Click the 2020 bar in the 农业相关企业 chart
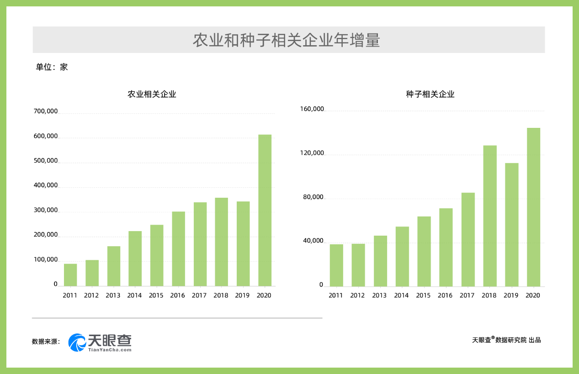pos(265,210)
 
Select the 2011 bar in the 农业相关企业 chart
pos(70,275)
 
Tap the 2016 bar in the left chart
pos(178,249)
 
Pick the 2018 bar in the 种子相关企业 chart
pos(490,216)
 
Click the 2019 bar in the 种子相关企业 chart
pos(511,225)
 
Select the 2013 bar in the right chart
pos(380,261)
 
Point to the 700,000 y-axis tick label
pos(46,111)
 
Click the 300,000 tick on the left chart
pos(46,211)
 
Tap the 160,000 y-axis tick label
pos(312,109)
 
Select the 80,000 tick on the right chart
pos(313,197)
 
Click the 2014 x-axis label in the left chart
pos(134,295)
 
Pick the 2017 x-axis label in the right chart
pos(467,295)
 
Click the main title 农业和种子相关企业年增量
pos(286,40)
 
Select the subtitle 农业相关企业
pos(152,95)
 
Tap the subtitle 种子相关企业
pos(430,95)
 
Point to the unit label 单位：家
pos(52,67)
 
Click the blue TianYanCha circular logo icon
pos(77,342)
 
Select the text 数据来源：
pos(46,342)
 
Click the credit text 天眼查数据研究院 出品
pos(506,340)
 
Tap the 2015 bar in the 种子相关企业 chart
pos(424,251)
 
